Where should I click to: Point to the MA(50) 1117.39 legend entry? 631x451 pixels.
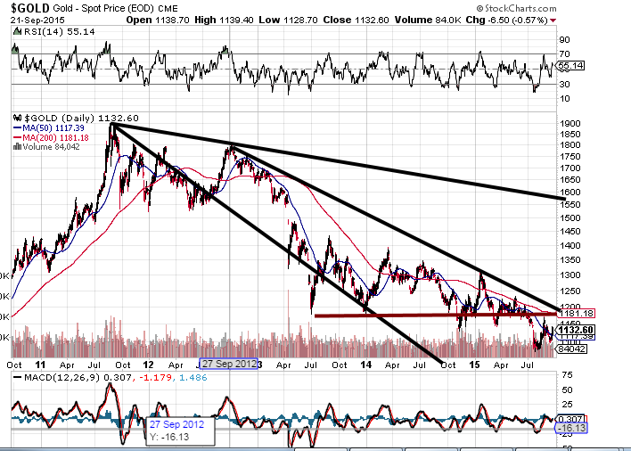(x=44, y=127)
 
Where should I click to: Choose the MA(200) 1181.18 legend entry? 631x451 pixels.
(x=46, y=136)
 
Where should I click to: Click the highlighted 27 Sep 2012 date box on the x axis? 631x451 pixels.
(x=229, y=364)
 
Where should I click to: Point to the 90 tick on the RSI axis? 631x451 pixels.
(x=564, y=40)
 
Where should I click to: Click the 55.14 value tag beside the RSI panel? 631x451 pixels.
(x=570, y=66)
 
